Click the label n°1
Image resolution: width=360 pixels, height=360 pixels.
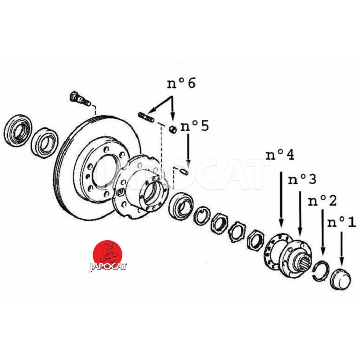[x=341, y=221]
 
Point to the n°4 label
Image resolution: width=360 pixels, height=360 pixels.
[x=280, y=156]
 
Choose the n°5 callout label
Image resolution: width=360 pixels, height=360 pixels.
[x=194, y=126]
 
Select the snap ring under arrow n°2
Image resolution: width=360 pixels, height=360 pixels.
[x=322, y=270]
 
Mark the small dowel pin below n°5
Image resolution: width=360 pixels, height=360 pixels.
[x=184, y=171]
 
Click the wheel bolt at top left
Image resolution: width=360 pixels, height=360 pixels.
[x=78, y=97]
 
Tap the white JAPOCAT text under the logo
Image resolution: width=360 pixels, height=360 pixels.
[x=108, y=266]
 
